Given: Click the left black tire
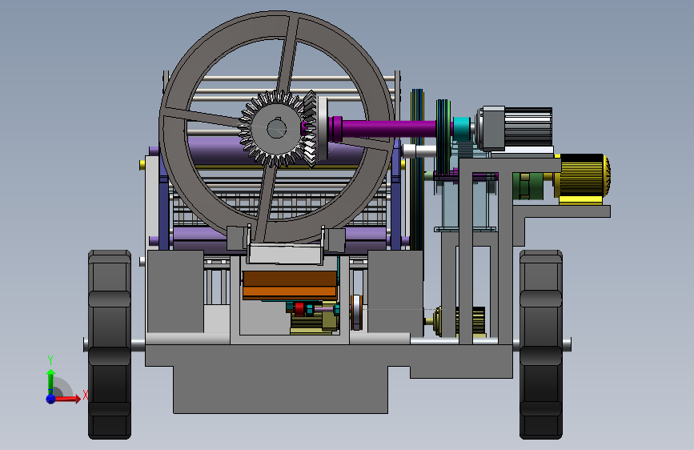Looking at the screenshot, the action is (110, 344).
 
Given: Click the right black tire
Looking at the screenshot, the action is (541, 344).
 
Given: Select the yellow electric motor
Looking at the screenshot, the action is (582, 176).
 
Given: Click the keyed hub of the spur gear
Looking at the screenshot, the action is (277, 129).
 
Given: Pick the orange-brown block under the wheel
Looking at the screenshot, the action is (290, 284).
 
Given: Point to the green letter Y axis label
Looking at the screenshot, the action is (50, 360).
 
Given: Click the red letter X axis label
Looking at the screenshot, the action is (85, 395).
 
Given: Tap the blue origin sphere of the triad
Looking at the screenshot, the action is (51, 399).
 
